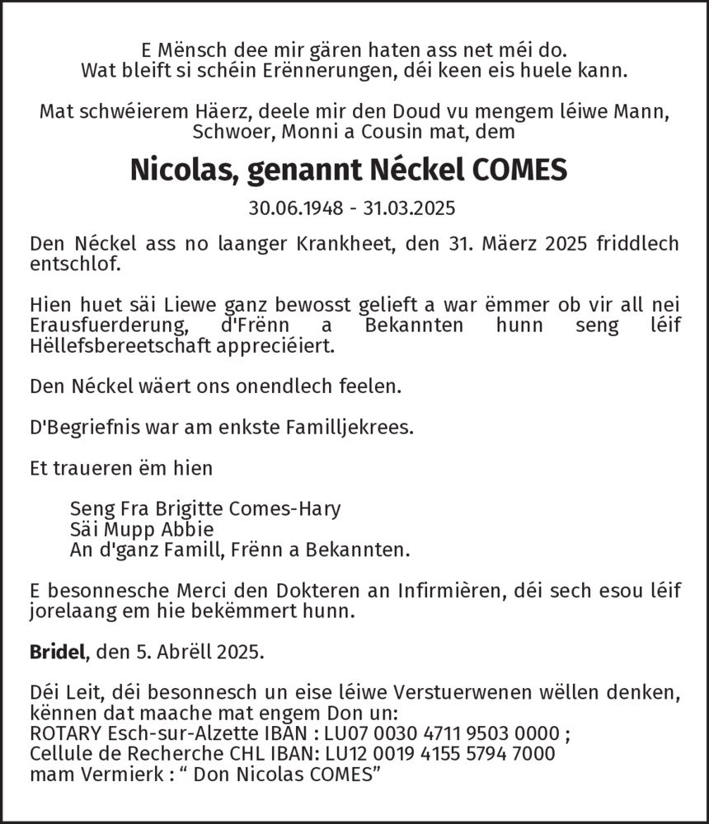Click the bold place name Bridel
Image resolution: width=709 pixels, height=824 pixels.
(59, 653)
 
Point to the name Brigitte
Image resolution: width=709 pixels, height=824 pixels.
(181, 508)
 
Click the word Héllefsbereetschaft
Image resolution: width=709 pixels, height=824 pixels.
(123, 346)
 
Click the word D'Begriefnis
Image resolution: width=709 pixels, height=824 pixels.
(80, 428)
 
